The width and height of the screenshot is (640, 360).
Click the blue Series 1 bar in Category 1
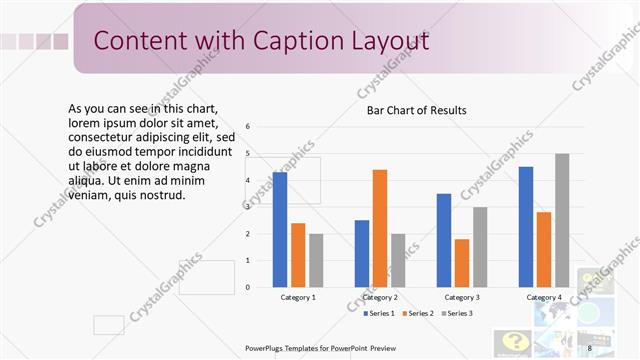point(280,230)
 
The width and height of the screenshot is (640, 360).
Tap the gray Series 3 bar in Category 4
point(562,220)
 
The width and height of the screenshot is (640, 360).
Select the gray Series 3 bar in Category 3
point(480,247)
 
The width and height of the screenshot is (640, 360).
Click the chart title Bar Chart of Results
point(417,110)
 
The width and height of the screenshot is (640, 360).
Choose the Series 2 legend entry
point(417,314)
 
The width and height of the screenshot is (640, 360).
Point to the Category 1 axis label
point(297,297)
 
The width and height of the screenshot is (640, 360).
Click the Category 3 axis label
point(462,297)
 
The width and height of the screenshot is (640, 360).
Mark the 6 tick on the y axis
point(261,127)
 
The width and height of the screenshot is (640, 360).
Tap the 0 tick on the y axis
point(261,288)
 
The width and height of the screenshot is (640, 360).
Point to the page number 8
point(590,348)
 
